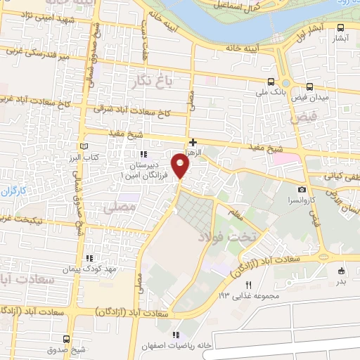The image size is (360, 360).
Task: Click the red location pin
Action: tap(181, 165)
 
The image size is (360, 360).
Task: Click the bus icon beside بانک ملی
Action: tap(272, 81)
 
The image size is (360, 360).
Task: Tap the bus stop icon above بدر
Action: tap(342, 271)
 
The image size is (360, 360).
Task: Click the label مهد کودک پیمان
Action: tap(89, 269)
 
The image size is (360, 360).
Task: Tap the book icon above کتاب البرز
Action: tap(85, 144)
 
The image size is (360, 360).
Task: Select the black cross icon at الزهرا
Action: tap(193, 142)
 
